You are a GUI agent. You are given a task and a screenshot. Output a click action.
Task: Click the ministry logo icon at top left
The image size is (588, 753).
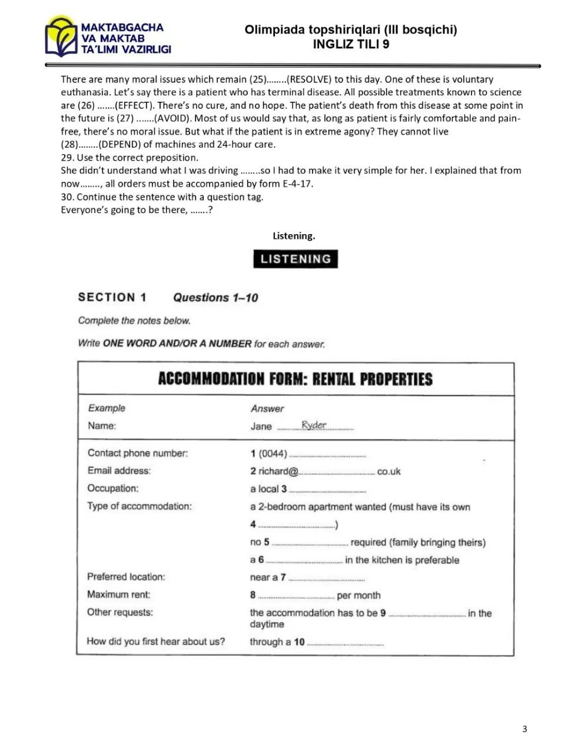click(61, 37)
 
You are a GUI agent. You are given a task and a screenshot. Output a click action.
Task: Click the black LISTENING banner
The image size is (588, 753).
click(295, 259)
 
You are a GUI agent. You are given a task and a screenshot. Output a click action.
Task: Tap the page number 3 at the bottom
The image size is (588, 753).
click(524, 729)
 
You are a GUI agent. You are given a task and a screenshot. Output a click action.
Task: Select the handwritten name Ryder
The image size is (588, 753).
click(314, 425)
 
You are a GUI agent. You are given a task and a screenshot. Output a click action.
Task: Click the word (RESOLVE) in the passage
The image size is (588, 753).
click(308, 79)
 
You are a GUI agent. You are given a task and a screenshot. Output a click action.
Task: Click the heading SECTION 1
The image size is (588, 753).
click(112, 297)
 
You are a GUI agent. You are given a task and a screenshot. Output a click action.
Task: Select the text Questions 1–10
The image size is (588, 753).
click(215, 298)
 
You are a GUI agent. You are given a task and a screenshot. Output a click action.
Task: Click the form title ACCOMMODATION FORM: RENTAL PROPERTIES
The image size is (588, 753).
click(295, 379)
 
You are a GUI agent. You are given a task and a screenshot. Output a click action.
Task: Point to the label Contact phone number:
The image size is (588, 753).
click(138, 453)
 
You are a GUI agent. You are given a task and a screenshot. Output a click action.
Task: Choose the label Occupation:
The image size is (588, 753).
click(113, 488)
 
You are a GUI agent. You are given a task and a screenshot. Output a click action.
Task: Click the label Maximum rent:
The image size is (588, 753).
click(118, 595)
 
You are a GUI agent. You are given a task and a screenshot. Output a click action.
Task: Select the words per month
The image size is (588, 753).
click(358, 595)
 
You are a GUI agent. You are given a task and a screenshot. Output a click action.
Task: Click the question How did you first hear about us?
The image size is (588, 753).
click(155, 641)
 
